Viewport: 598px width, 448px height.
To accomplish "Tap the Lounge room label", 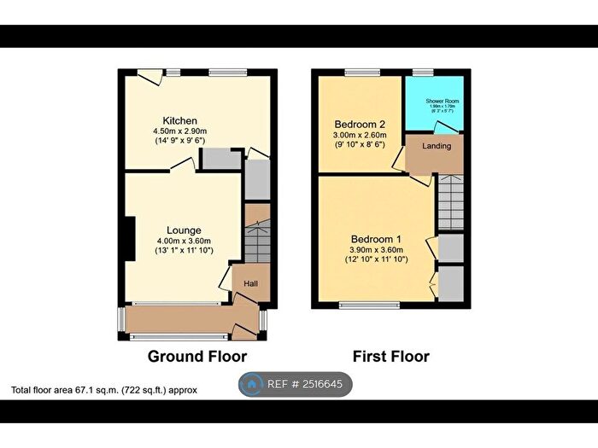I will click(x=185, y=230).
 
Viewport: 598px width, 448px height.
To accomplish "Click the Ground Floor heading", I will click(x=197, y=356).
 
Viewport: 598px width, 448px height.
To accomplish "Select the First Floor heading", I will click(x=390, y=356).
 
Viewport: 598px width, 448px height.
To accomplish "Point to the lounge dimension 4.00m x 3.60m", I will click(x=185, y=241).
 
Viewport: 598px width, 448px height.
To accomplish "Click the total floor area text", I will click(x=104, y=390).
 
